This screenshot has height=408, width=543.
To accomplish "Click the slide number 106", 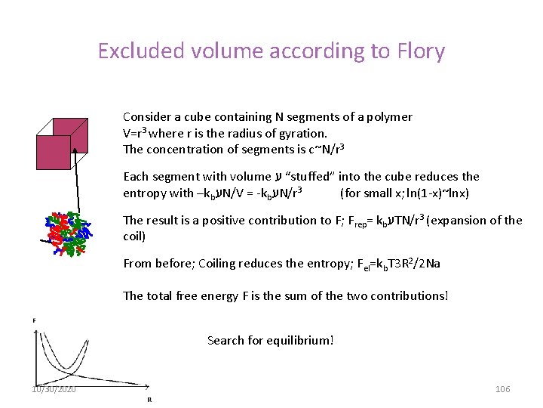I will pyautogui.click(x=502, y=388).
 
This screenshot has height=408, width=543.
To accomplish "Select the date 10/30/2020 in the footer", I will pyautogui.click(x=54, y=388).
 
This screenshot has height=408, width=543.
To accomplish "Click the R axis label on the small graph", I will pyautogui.click(x=149, y=400).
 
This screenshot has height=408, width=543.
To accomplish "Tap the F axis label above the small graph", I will pyautogui.click(x=33, y=320).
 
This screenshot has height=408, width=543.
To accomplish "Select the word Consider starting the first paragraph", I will pyautogui.click(x=147, y=117).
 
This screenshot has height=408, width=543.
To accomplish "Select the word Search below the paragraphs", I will pyautogui.click(x=225, y=340).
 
